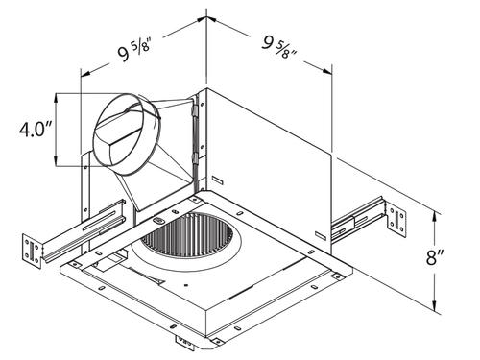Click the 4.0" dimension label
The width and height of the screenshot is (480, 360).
[x=36, y=130]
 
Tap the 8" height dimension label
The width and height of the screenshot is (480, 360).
[x=435, y=257]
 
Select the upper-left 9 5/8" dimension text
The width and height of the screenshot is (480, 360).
[x=133, y=52]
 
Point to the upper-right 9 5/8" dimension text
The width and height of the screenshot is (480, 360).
[x=279, y=47]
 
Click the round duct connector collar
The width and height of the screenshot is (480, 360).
[x=127, y=134]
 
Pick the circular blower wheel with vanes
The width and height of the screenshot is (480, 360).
[x=184, y=236]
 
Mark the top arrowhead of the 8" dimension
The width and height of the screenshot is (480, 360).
[x=434, y=217]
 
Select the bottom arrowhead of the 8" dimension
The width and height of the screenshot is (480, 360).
[x=434, y=305]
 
